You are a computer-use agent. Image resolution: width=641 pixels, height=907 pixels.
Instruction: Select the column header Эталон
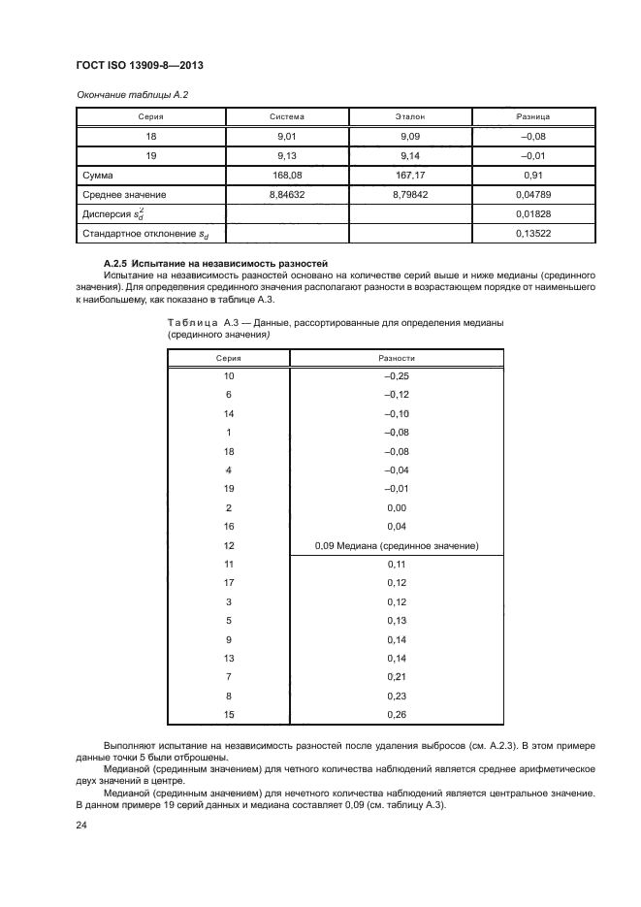(411, 116)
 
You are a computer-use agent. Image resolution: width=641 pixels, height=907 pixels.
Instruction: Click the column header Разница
(534, 116)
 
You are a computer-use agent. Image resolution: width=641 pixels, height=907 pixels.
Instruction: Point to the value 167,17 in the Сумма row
(411, 176)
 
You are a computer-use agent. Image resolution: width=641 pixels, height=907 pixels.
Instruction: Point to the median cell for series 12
(398, 545)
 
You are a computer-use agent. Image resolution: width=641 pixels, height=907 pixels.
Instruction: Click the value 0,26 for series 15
(398, 715)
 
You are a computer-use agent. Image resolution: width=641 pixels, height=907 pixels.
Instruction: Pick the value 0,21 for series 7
(398, 676)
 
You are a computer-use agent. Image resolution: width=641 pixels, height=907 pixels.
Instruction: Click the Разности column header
(398, 358)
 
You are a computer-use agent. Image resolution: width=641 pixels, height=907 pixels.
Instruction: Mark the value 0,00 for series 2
(398, 507)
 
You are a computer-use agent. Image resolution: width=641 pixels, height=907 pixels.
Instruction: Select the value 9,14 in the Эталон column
(411, 156)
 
